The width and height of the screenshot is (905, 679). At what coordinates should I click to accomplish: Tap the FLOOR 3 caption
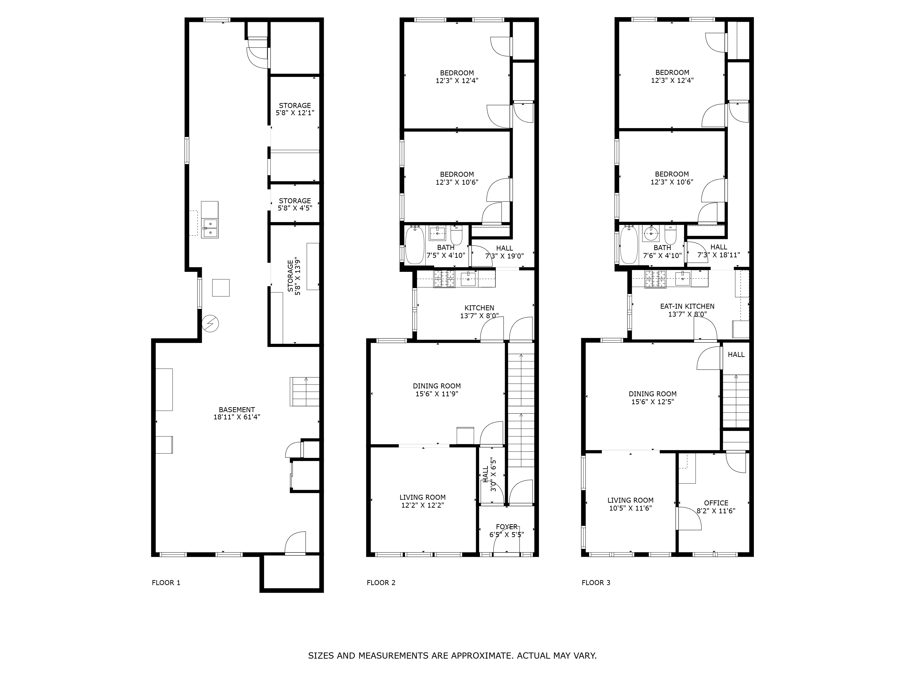[x=596, y=582]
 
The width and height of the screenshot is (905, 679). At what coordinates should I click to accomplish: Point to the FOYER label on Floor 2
[x=507, y=527]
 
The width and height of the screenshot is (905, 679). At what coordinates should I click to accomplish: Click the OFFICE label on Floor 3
[x=716, y=503]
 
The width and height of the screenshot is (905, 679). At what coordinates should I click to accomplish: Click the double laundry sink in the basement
[x=210, y=228]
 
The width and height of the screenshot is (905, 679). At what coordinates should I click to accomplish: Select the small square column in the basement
[x=221, y=288]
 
